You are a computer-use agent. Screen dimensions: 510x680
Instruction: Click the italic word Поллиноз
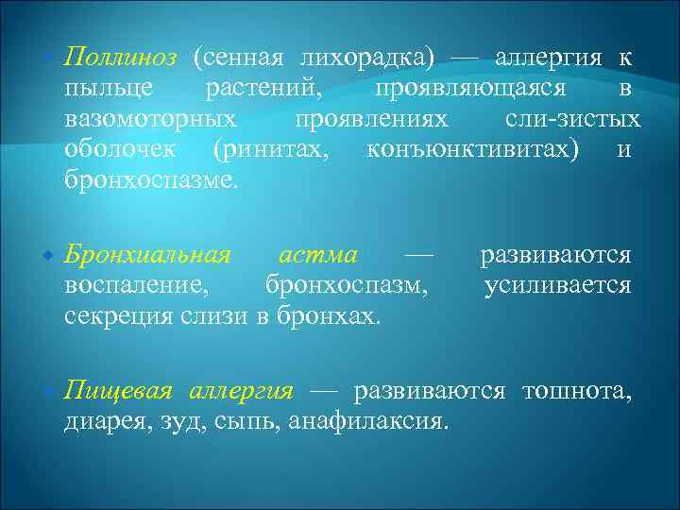coord(121,58)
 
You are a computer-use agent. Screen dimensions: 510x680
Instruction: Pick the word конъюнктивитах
coord(473,150)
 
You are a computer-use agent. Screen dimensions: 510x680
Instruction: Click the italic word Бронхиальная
coord(147,255)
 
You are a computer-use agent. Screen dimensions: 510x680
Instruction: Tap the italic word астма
coord(318,255)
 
